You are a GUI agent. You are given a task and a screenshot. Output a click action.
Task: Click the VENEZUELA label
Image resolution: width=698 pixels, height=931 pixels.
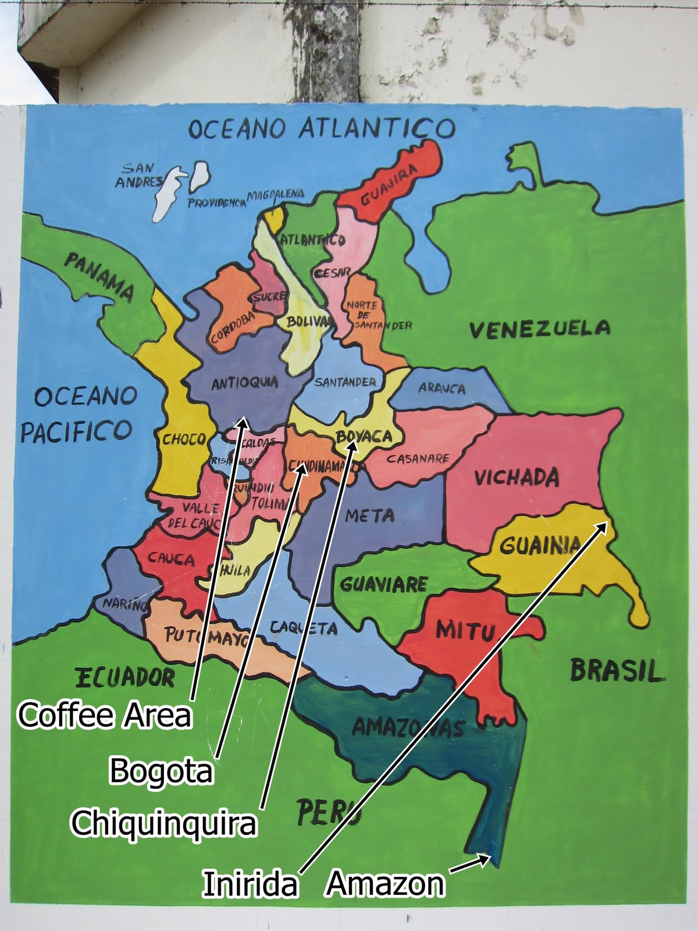pyautogui.click(x=540, y=329)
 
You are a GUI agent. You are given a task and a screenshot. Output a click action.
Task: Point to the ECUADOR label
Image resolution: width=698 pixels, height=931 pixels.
pyautogui.click(x=124, y=677)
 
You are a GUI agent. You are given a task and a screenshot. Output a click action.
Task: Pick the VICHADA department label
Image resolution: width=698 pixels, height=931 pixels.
pyautogui.click(x=517, y=477)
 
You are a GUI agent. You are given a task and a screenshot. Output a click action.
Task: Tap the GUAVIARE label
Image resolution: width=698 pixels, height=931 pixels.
pyautogui.click(x=383, y=584)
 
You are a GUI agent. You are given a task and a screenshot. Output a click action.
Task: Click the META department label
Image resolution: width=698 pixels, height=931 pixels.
pyautogui.click(x=369, y=515)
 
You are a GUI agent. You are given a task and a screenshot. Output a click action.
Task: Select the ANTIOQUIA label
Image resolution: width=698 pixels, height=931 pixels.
pyautogui.click(x=244, y=383)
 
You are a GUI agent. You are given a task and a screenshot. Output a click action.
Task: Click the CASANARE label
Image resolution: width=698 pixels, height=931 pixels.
pyautogui.click(x=418, y=459)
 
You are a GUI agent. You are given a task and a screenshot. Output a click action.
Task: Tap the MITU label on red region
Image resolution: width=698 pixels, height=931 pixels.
pyautogui.click(x=465, y=630)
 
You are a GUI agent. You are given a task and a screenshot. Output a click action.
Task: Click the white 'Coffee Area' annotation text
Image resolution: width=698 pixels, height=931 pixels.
pyautogui.click(x=105, y=715)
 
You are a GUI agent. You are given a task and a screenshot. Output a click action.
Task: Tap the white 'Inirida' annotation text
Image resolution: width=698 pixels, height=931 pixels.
pyautogui.click(x=250, y=883)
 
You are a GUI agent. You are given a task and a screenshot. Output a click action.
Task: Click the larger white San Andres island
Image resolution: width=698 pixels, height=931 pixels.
pyautogui.click(x=167, y=195)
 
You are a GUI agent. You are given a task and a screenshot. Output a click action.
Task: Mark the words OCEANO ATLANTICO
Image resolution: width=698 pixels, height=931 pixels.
pyautogui.click(x=320, y=128)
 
